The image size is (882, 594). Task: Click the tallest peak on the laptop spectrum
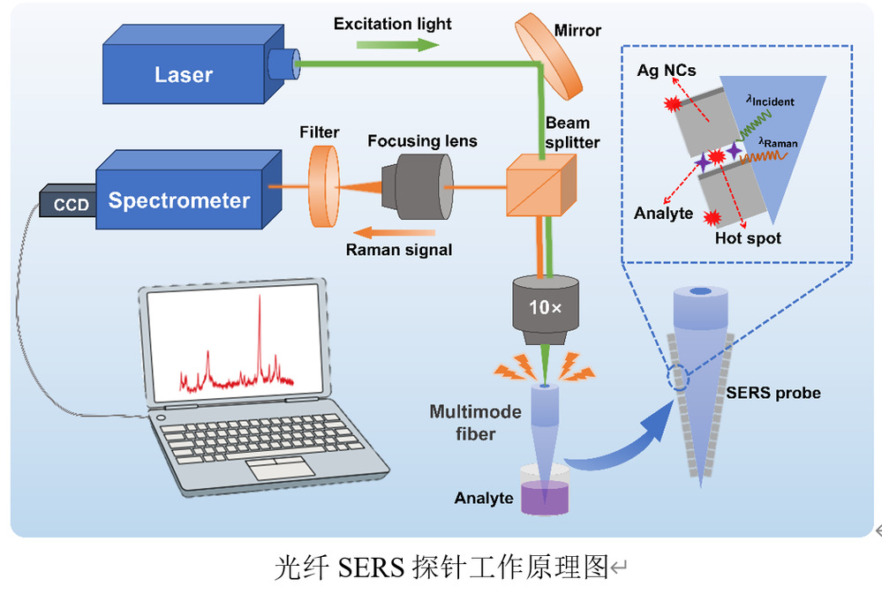pos(260,305)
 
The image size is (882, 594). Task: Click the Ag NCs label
pos(667,70)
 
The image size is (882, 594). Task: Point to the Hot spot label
pos(748,238)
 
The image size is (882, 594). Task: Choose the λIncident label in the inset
pos(771,101)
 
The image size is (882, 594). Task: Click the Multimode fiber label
pos(463,422)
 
